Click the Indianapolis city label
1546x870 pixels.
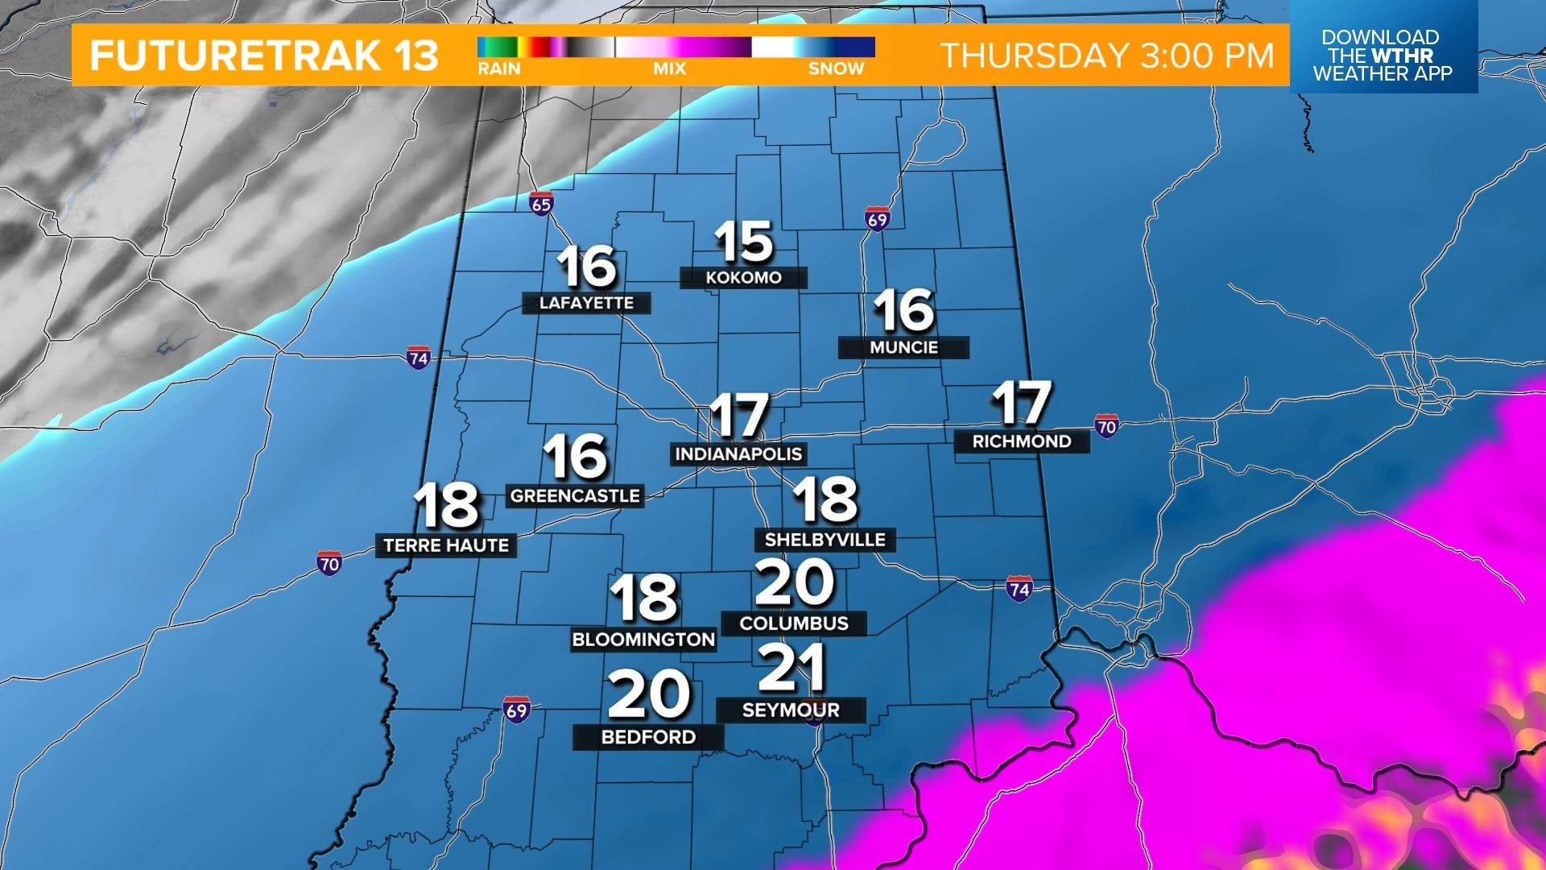pos(738,454)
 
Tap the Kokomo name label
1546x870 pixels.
pos(743,278)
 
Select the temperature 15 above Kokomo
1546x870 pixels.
pos(743,242)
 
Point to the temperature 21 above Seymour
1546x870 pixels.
pos(792,667)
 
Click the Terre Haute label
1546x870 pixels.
pos(446,546)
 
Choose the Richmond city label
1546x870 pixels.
pos(1021,441)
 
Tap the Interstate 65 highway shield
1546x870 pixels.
pos(541,204)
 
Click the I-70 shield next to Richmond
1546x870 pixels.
pos(1107,426)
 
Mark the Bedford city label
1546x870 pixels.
pos(648,737)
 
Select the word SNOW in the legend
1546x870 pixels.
pos(836,69)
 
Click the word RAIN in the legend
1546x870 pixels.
pos(499,69)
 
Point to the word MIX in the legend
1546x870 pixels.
pos(669,69)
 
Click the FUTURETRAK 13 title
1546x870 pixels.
pos(264,56)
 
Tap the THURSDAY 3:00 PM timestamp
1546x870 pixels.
pos(1107,56)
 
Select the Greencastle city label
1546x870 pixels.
pos(575,496)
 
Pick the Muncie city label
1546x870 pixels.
pos(903,347)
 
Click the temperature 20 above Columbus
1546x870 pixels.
pos(794,583)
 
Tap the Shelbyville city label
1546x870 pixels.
pos(825,540)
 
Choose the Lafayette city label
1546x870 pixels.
pos(586,303)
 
